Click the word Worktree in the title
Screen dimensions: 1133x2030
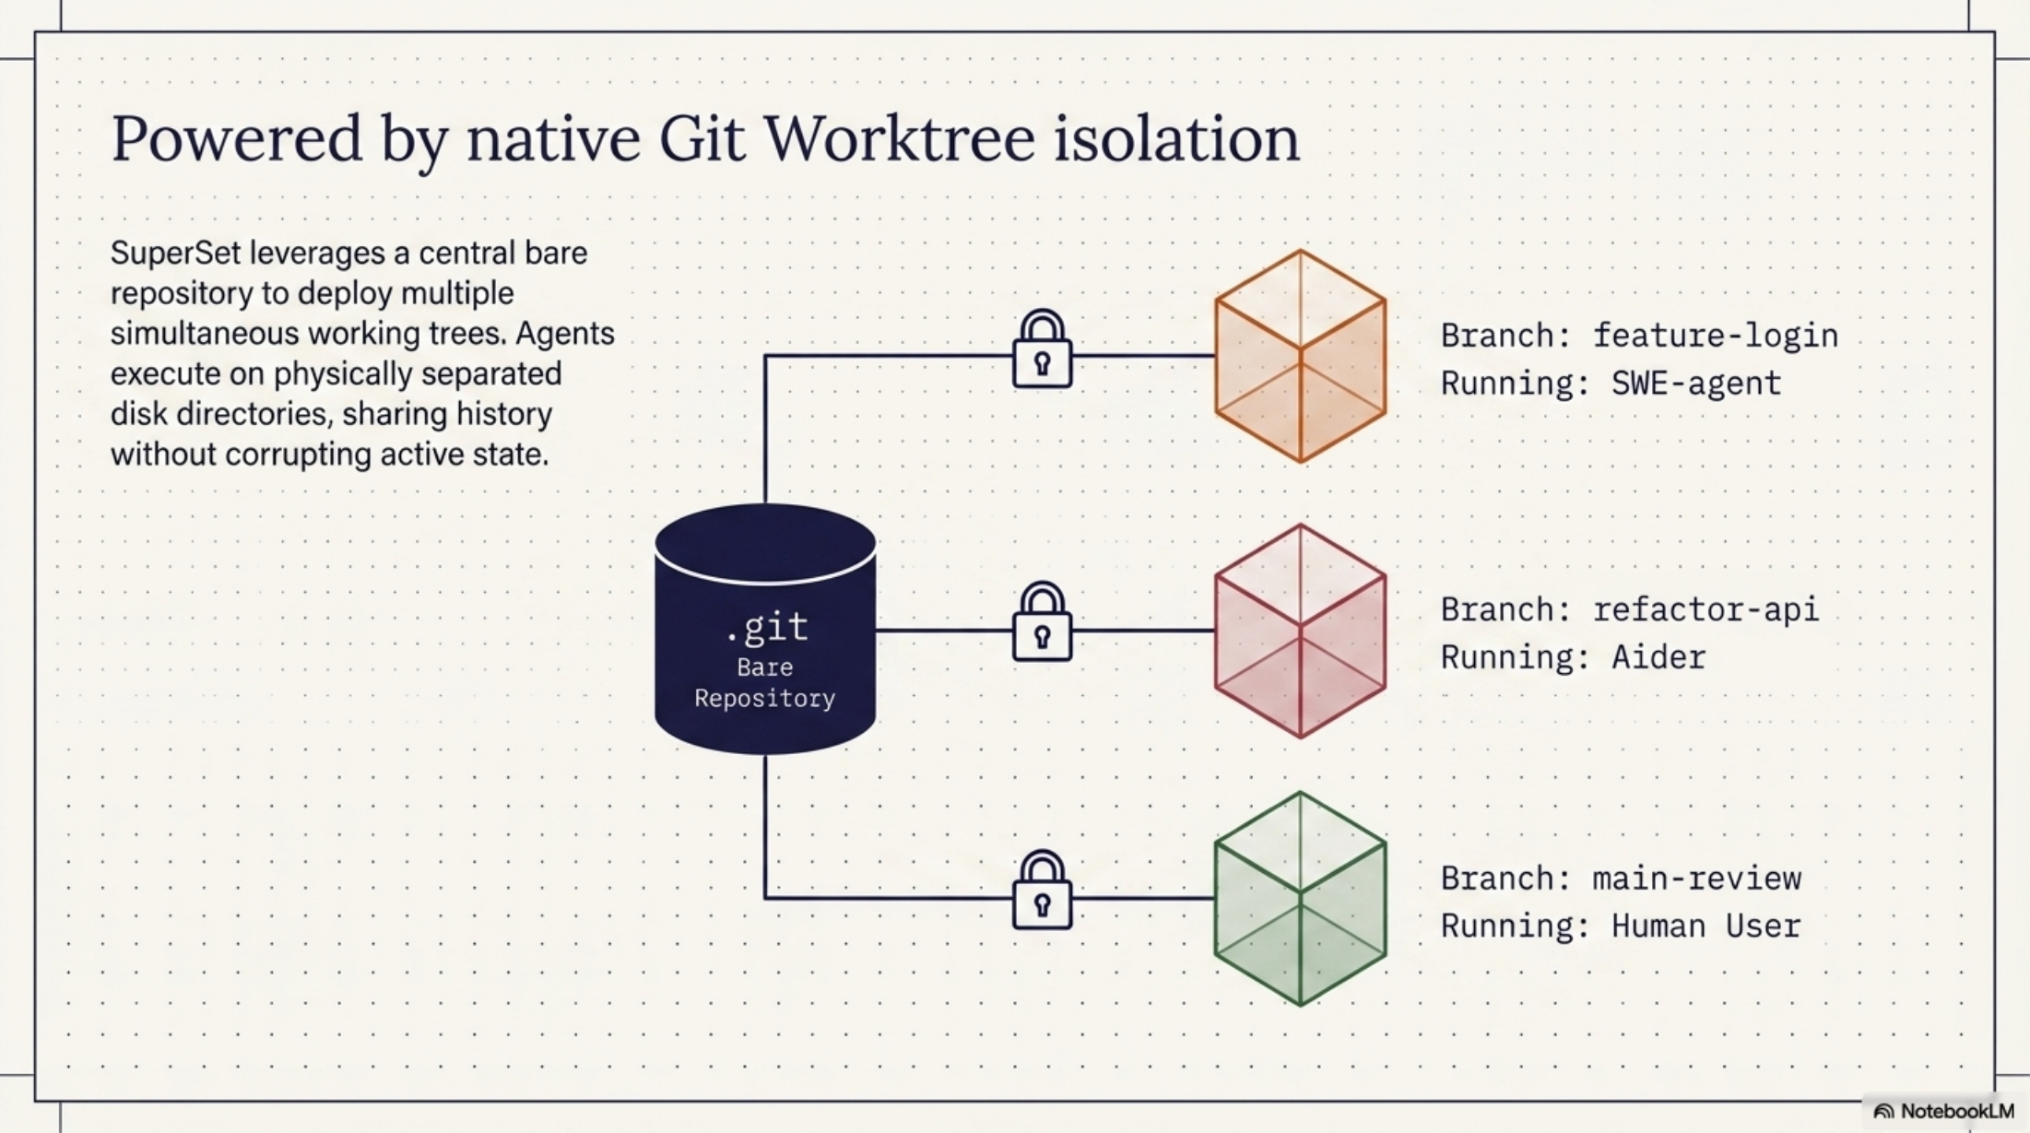(x=899, y=138)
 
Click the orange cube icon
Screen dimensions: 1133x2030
(x=1300, y=356)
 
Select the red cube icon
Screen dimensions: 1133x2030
(x=1300, y=631)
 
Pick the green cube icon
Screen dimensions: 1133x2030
(x=1300, y=899)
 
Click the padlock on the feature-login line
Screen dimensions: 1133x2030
(x=1042, y=350)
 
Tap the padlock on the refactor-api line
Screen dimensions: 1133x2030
(x=1042, y=623)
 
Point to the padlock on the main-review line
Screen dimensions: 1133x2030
(x=1042, y=891)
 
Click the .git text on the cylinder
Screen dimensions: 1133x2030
(x=767, y=628)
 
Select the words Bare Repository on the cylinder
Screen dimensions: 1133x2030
(x=765, y=683)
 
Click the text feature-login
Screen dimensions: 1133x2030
(x=1715, y=336)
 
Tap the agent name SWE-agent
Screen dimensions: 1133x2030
(x=1695, y=384)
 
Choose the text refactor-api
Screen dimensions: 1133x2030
(x=1705, y=610)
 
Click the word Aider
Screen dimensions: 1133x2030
(x=1658, y=658)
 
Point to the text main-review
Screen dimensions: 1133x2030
(x=1696, y=879)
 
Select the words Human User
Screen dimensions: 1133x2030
(x=1705, y=926)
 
